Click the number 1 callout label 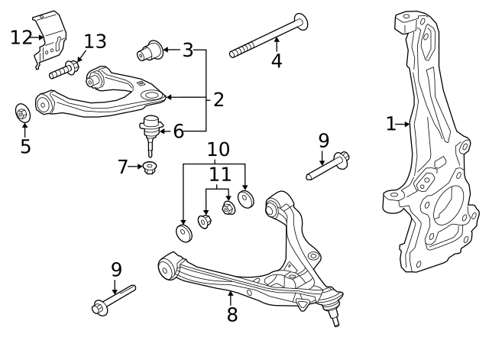pyautogui.click(x=390, y=124)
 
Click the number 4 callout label pyautogui.click(x=276, y=61)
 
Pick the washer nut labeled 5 pyautogui.click(x=23, y=114)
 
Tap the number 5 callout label pyautogui.click(x=25, y=146)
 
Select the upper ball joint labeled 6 pyautogui.click(x=151, y=128)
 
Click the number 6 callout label pyautogui.click(x=178, y=131)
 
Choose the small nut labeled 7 pyautogui.click(x=150, y=167)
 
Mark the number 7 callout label pyautogui.click(x=123, y=166)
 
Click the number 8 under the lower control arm pyautogui.click(x=232, y=314)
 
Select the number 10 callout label pyautogui.click(x=218, y=149)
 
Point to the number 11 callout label pyautogui.click(x=219, y=175)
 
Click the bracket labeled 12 pyautogui.click(x=51, y=39)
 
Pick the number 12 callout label pyautogui.click(x=21, y=37)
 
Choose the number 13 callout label pyautogui.click(x=96, y=41)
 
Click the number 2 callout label pyautogui.click(x=219, y=99)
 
